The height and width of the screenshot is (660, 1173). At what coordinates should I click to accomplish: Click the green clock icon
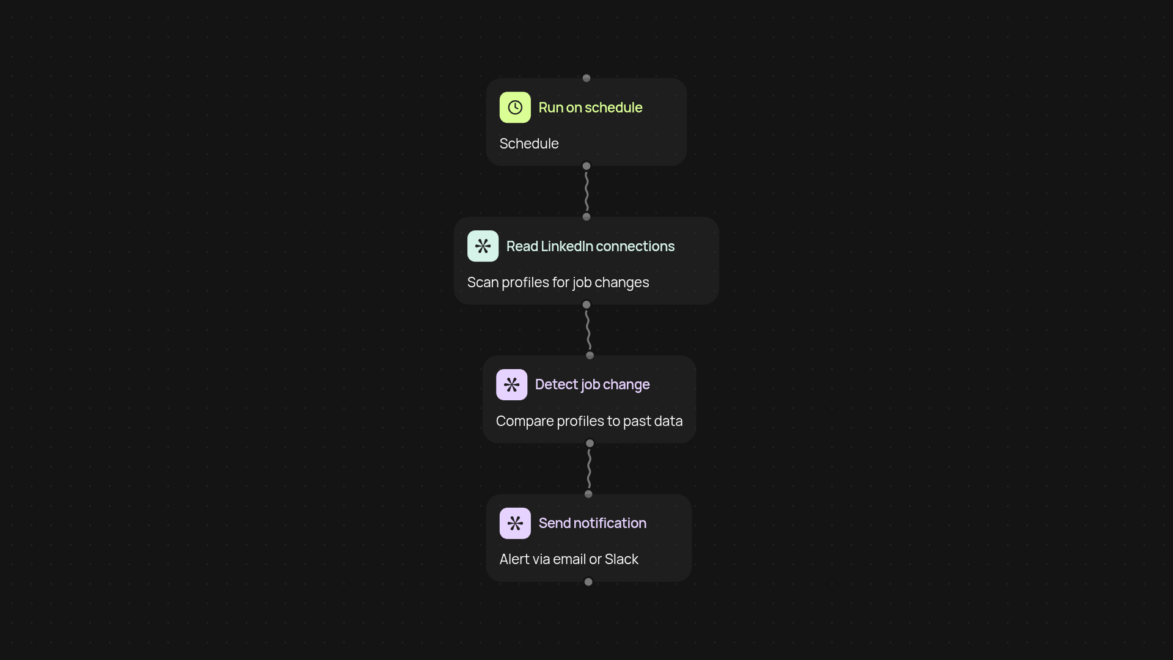click(515, 108)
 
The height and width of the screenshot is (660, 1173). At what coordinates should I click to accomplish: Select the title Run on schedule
click(590, 108)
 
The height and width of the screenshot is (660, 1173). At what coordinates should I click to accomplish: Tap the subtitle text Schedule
click(529, 144)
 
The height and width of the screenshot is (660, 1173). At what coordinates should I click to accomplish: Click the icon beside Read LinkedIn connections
click(483, 246)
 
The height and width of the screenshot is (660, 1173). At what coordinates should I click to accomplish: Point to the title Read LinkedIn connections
click(590, 246)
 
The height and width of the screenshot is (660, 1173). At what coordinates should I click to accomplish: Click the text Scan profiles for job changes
click(558, 282)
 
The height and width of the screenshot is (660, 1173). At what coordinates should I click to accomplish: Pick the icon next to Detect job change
click(511, 384)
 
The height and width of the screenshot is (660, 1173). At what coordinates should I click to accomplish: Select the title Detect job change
click(592, 384)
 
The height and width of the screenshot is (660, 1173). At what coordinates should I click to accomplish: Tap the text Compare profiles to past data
click(589, 421)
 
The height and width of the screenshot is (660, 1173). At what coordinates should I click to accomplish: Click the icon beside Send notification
click(515, 523)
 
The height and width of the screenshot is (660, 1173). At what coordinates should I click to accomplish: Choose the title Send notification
click(592, 523)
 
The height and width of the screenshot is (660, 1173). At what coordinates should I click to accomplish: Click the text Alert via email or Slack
click(569, 559)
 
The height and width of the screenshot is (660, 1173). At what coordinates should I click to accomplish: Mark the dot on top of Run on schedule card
click(586, 78)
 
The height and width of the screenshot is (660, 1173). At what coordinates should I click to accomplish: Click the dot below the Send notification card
click(588, 582)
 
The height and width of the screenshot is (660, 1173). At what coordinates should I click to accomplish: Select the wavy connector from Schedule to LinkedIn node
click(586, 191)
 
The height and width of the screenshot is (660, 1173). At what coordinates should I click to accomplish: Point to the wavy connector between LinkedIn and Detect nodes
click(588, 330)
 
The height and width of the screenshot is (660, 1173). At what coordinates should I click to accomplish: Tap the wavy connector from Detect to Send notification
click(589, 469)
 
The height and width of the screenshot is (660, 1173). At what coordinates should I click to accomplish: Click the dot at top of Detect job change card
click(590, 355)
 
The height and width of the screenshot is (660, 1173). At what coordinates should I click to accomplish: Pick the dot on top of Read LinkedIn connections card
click(586, 217)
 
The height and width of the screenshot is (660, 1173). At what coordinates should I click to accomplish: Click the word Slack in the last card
click(621, 559)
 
